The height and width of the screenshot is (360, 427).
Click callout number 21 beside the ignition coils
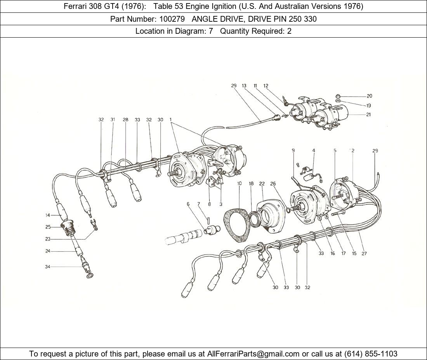[368, 114]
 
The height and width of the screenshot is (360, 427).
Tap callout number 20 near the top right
[369, 96]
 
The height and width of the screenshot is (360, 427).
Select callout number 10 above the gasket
[240, 183]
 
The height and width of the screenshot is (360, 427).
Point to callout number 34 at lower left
[48, 267]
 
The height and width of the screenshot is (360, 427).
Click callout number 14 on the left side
[48, 215]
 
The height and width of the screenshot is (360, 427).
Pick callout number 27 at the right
[364, 253]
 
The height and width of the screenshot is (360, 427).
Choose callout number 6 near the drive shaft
[188, 204]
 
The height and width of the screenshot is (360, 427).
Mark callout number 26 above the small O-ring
[273, 183]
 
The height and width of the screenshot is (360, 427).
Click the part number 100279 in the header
[172, 19]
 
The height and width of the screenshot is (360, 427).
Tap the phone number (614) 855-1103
[371, 354]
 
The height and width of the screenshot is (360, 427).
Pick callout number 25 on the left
[48, 227]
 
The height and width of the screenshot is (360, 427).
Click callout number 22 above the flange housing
[262, 183]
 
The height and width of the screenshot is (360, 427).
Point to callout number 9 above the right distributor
[293, 150]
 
